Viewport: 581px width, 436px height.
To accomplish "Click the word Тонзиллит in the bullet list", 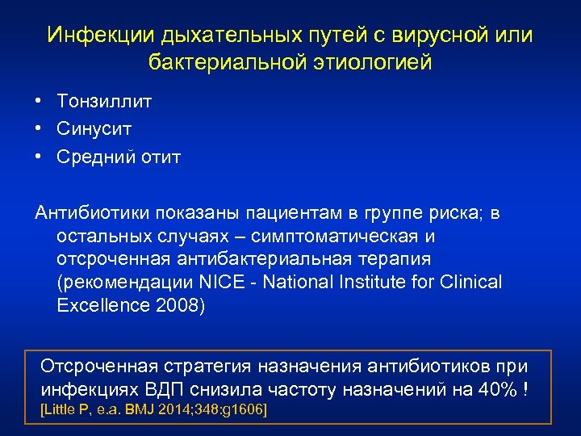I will pos(104,101).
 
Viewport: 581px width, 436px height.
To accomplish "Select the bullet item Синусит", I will pos(94,128).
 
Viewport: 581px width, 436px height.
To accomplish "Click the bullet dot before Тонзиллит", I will pos(39,101).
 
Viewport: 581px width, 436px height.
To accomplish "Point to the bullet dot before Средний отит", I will pos(39,157).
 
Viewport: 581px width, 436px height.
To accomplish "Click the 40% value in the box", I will pos(495,389).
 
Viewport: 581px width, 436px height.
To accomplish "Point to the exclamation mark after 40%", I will pos(526,389).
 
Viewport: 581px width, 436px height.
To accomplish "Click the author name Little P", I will pos(63,410).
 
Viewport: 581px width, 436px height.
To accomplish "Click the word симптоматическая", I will pos(334,237).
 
